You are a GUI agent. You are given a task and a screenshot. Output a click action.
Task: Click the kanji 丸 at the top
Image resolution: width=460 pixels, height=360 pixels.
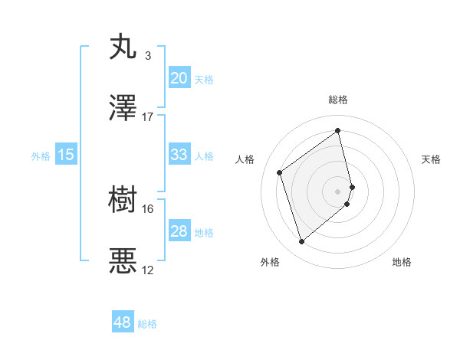point(123,47)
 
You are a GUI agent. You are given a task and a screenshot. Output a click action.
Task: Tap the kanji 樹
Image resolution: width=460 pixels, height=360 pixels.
point(123,201)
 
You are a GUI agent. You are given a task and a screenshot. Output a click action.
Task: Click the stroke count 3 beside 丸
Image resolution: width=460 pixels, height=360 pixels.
point(147,56)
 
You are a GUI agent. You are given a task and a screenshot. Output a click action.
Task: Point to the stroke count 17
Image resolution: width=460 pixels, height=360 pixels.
point(147,116)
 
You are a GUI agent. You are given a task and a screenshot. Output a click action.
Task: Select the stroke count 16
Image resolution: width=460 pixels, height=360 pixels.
point(147,208)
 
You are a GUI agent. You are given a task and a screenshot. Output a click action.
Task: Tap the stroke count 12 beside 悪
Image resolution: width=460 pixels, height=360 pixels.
point(147,270)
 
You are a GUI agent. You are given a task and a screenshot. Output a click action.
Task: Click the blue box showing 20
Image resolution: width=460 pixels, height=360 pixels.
point(179,78)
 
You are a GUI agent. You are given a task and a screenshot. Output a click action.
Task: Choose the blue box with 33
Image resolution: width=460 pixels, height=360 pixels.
point(179,155)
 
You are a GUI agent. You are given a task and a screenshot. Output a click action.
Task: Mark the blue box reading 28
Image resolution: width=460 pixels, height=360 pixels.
point(179,231)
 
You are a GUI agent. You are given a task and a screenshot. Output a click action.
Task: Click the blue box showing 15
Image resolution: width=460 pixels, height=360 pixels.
point(65,155)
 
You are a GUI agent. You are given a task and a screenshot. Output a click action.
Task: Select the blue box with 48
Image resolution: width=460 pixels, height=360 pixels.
point(123,322)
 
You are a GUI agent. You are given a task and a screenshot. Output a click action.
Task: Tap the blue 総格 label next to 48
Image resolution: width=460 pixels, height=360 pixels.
point(147,324)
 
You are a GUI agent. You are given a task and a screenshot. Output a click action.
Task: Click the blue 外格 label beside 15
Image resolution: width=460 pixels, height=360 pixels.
point(41,156)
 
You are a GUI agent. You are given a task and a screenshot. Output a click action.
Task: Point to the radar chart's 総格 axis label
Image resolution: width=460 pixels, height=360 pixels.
point(338,100)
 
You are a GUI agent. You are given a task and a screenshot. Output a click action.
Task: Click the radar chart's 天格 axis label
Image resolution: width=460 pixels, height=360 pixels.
point(432,159)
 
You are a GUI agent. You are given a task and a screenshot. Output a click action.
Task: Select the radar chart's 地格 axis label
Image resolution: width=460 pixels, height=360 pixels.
point(402,262)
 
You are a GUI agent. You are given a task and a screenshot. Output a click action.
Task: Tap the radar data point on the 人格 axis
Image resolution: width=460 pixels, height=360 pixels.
point(280,172)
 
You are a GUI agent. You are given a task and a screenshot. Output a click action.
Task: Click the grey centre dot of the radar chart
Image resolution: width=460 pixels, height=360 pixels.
point(338,190)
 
